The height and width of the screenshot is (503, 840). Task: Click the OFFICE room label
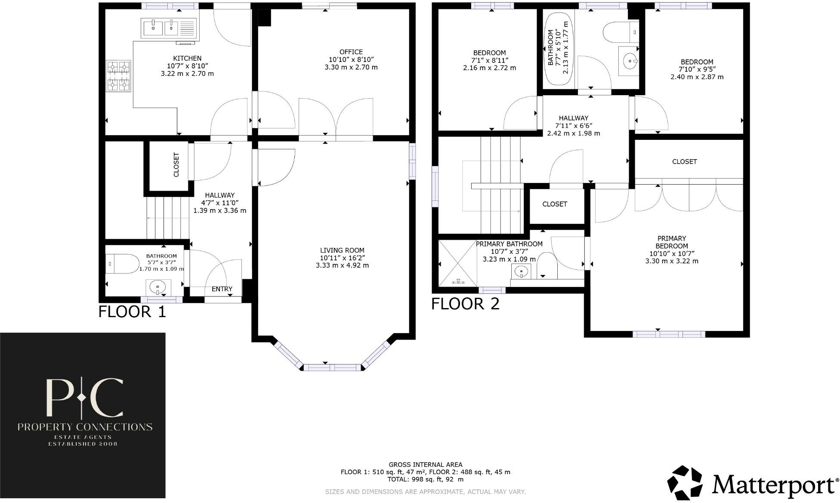[351, 52]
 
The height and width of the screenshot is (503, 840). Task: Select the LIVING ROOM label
[342, 250]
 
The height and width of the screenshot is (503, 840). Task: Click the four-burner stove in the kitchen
[118, 76]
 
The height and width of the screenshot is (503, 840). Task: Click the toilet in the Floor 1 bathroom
[122, 263]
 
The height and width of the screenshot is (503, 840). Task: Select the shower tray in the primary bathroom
[457, 263]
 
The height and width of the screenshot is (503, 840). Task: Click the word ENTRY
[222, 289]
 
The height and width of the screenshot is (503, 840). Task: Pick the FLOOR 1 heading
[132, 312]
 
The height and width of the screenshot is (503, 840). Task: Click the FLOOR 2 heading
[465, 304]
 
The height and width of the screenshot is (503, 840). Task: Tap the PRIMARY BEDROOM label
[672, 242]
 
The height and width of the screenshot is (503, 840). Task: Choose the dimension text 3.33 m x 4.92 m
[342, 265]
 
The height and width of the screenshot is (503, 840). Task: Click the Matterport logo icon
[685, 482]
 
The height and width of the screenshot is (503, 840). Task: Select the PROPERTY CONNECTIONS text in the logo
[85, 427]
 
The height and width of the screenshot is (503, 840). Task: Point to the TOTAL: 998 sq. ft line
[425, 479]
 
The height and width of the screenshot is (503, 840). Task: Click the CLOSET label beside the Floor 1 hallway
[176, 165]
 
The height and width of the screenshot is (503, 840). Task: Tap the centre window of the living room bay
[332, 367]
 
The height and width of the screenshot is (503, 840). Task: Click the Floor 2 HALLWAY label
[573, 118]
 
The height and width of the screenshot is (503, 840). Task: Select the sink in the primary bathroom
[521, 272]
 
